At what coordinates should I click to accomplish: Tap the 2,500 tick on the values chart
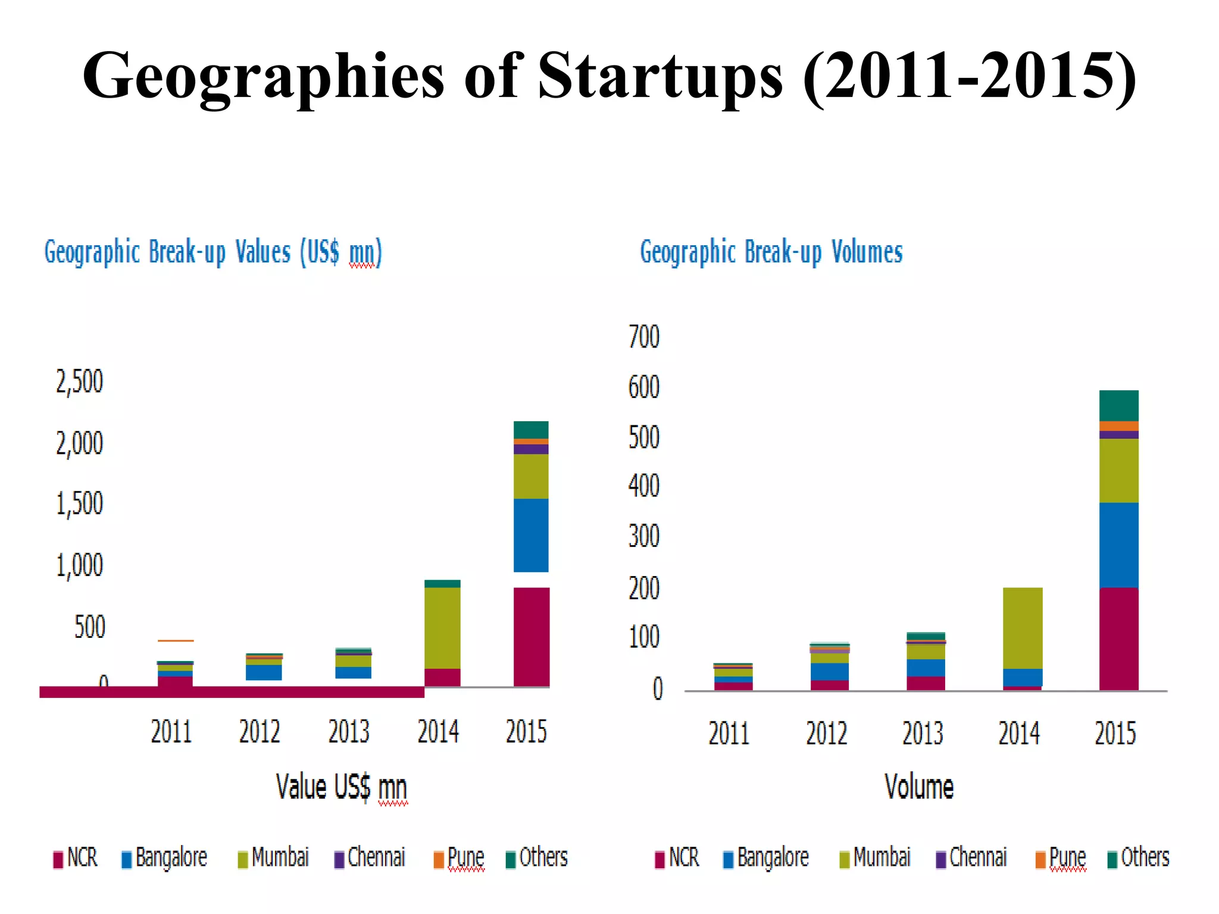[79, 381]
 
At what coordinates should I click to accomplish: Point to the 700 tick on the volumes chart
[644, 337]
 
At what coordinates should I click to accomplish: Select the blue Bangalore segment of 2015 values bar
[531, 535]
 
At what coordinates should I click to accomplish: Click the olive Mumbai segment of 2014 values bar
[442, 628]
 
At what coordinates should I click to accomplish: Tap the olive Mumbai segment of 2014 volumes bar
[1023, 628]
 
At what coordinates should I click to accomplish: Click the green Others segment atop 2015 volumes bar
[1118, 405]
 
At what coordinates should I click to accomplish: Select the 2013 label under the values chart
[349, 731]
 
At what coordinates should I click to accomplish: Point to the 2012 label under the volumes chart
[826, 733]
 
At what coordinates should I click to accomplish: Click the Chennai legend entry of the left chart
[370, 858]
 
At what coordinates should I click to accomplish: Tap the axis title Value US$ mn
[341, 787]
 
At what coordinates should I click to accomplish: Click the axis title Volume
[919, 787]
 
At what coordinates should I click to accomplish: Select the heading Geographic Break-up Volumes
[771, 252]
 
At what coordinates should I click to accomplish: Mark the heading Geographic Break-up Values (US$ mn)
[213, 252]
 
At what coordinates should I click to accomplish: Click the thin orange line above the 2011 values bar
[176, 641]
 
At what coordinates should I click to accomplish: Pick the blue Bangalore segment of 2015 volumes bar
[1118, 544]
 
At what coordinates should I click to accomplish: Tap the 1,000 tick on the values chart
[79, 565]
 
